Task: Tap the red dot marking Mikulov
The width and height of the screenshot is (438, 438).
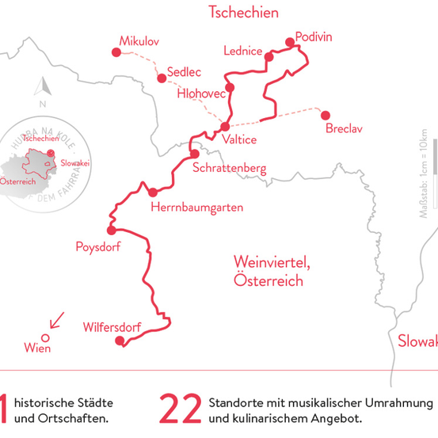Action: coord(116,52)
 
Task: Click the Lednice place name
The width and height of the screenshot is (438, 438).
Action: coord(242,51)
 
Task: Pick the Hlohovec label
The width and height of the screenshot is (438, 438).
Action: coord(202,93)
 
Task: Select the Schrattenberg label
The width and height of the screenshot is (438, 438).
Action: coord(229,168)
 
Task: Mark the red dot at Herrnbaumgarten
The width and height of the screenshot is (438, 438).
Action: coord(152,192)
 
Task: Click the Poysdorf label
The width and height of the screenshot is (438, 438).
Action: coord(97,246)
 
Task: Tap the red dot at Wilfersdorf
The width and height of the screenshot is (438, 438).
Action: coord(120,341)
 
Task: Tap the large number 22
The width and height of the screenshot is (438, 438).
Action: coord(180,409)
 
